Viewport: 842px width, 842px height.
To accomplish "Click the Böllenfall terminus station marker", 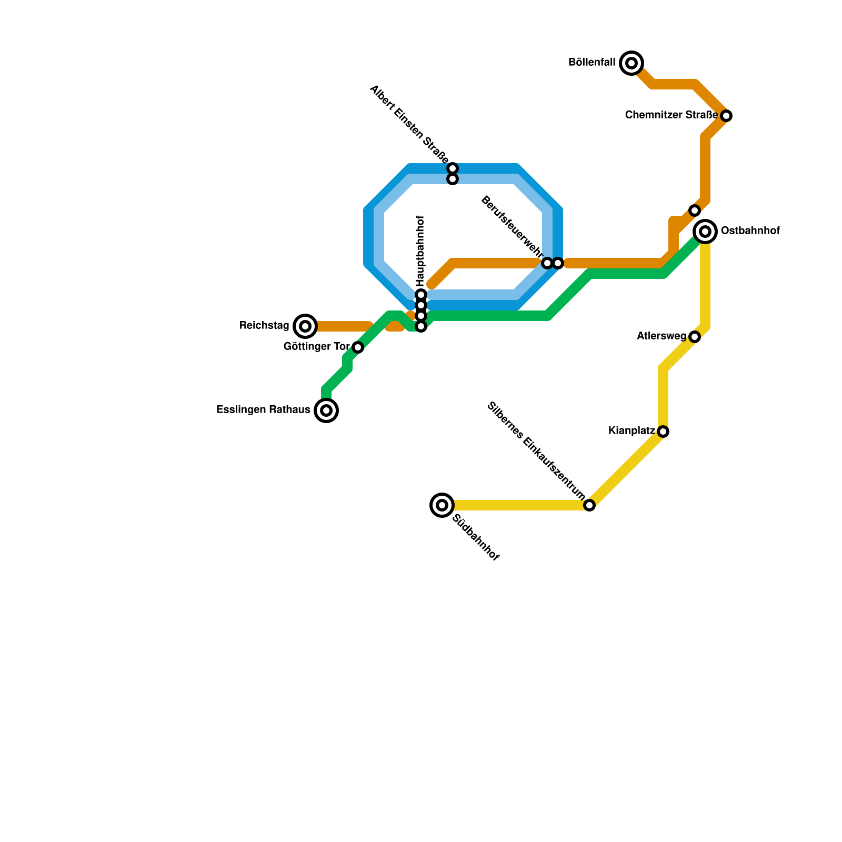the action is (x=631, y=63).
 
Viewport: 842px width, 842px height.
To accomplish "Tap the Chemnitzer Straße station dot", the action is (x=726, y=115).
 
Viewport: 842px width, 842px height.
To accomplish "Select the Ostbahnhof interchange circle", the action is (x=705, y=231).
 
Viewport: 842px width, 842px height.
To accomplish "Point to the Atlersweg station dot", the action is (x=695, y=337).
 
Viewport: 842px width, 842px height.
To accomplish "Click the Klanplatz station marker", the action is (x=663, y=432).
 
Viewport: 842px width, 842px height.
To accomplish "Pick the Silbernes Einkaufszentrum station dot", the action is (x=589, y=505).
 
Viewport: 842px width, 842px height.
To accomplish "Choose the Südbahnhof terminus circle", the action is (x=442, y=505).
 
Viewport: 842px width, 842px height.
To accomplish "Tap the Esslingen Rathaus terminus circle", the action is (x=326, y=410).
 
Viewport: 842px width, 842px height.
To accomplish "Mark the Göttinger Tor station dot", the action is (x=358, y=347).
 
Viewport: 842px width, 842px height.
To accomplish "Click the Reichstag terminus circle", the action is (x=305, y=326).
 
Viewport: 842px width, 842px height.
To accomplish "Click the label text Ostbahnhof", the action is (x=750, y=231).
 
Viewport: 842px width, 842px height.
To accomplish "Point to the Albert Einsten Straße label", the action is (x=409, y=125).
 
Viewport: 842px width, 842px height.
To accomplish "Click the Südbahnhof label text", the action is (x=476, y=538).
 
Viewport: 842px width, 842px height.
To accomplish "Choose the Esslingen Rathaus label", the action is (x=263, y=410).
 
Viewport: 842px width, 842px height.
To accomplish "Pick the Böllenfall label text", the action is (x=592, y=63).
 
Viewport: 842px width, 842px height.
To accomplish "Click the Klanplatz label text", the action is (x=631, y=431).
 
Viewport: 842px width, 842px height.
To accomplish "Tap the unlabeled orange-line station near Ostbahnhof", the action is (x=695, y=210).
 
